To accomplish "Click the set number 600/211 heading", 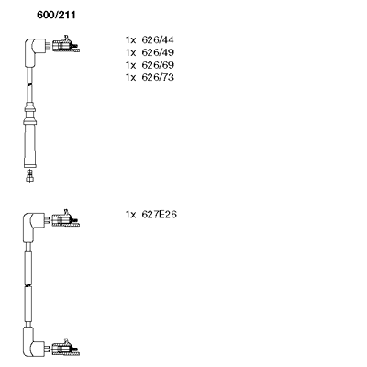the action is (x=56, y=15).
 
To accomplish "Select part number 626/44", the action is (x=158, y=40).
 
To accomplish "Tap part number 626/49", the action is (x=158, y=52).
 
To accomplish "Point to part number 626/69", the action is (x=158, y=65).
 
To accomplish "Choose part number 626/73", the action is (x=158, y=77).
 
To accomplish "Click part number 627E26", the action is (x=159, y=215).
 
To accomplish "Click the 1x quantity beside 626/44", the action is (x=130, y=40).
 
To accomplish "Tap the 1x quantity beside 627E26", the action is (x=130, y=215).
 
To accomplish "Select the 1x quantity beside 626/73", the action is (x=130, y=77).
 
